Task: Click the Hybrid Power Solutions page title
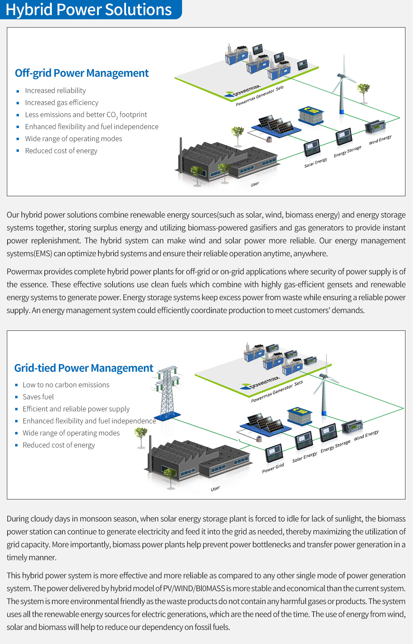[x=89, y=10]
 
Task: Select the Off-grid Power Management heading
[x=82, y=73]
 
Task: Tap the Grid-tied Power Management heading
[x=84, y=368]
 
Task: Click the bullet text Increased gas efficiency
[x=62, y=103]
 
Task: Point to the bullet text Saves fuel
[x=38, y=397]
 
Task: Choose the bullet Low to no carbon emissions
[x=66, y=385]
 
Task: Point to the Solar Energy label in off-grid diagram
[x=316, y=163]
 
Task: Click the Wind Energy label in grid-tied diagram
[x=366, y=435]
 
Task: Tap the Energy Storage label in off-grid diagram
[x=348, y=151]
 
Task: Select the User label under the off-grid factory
[x=255, y=184]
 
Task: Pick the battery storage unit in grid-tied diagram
[x=300, y=416]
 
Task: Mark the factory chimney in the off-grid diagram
[x=180, y=155]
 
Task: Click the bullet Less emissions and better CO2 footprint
[x=86, y=115]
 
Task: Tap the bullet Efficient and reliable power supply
[x=76, y=409]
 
